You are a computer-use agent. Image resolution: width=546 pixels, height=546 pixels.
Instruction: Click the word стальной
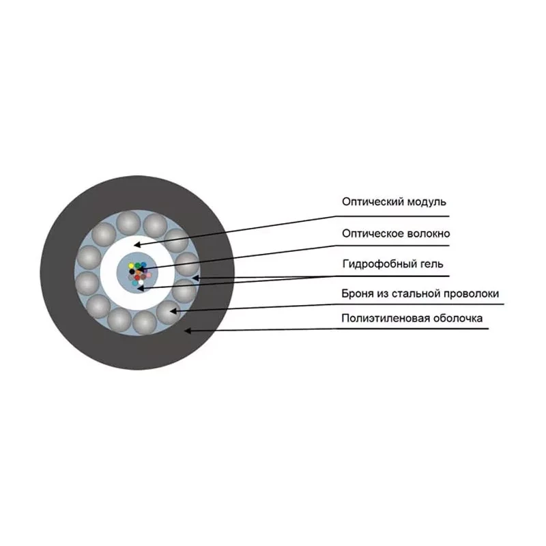416,293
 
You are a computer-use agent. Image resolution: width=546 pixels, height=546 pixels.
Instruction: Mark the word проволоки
472,293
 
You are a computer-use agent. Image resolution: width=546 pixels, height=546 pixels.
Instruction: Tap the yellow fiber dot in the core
131,266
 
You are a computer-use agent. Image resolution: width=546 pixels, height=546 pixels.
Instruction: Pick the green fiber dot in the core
138,265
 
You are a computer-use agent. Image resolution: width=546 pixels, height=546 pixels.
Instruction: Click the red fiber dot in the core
137,278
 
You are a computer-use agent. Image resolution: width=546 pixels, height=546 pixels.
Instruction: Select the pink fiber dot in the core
149,275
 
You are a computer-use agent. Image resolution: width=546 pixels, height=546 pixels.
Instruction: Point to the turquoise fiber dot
134,283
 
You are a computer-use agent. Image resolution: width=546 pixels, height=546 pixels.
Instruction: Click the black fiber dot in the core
132,272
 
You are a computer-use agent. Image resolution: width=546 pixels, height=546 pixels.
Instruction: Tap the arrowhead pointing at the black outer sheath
188,330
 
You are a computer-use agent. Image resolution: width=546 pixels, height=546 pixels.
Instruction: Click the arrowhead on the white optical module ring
138,244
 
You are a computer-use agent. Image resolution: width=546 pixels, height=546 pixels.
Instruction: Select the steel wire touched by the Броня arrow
168,312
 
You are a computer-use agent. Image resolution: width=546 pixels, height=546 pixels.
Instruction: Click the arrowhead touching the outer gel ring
195,278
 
